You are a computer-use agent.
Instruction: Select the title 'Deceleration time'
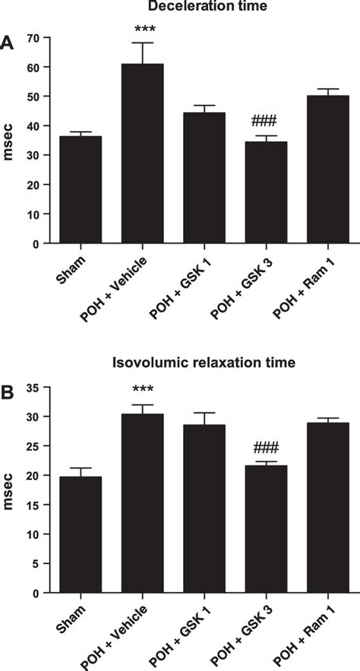(202, 7)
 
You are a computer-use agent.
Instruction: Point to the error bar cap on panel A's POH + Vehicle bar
(142, 43)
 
